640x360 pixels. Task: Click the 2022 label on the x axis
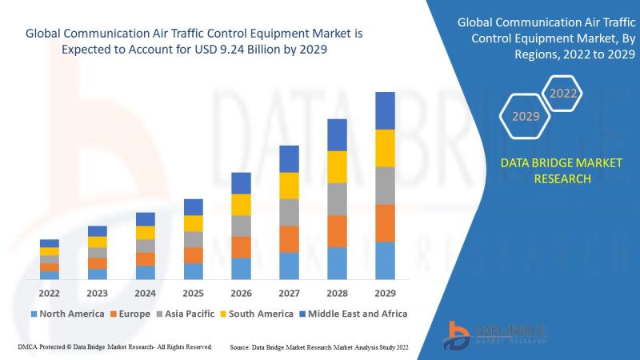[x=49, y=293]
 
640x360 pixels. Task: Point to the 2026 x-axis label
[x=241, y=293]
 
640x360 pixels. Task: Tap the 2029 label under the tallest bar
[x=385, y=293]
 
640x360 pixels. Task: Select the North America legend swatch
[x=33, y=314]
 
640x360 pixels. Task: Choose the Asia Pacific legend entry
[x=185, y=314]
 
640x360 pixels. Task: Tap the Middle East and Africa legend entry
[x=351, y=314]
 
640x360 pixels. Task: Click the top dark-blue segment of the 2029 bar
[x=385, y=110]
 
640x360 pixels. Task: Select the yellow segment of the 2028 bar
[x=337, y=166]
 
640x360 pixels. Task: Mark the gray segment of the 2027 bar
[x=289, y=212]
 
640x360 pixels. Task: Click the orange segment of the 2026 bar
[x=241, y=246]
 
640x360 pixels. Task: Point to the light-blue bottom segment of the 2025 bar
[x=193, y=271]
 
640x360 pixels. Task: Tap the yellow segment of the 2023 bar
[x=97, y=242]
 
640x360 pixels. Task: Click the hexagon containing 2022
[x=563, y=94]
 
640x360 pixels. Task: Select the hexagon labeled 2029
[x=525, y=117]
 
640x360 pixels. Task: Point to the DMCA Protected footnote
[x=113, y=347]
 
